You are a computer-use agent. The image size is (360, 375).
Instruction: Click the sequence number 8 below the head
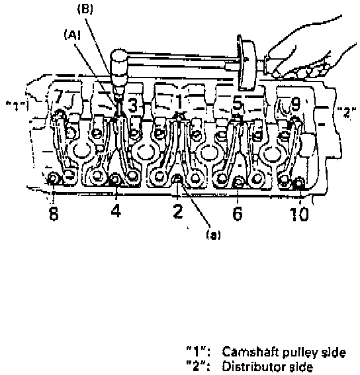tap(54, 213)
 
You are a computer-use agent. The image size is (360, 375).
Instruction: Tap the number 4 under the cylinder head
tap(116, 211)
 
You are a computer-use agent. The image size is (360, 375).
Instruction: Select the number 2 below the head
tap(178, 211)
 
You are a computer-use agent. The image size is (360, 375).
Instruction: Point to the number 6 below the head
tap(237, 213)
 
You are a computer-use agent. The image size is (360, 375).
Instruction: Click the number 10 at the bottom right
tap(299, 214)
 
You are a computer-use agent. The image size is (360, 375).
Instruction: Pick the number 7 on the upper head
tap(58, 96)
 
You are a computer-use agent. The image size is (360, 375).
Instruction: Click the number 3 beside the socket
tap(133, 105)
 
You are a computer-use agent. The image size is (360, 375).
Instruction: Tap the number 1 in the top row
tap(179, 101)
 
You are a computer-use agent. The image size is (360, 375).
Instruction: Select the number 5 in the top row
tap(237, 104)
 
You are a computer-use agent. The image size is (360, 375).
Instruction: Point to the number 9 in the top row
tap(296, 103)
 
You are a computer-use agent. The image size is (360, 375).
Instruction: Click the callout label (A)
tap(72, 35)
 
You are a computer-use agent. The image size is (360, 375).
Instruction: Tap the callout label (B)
tap(85, 9)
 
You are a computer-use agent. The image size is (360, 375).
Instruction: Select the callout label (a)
tap(214, 235)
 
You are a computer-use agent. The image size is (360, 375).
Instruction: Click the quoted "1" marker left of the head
tap(17, 106)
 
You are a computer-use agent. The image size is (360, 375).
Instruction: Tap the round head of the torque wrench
tap(119, 60)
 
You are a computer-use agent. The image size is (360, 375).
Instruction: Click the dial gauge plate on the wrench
tap(246, 63)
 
